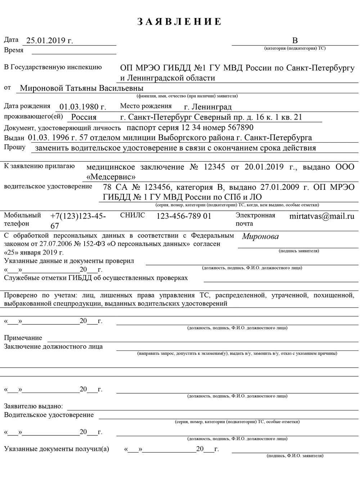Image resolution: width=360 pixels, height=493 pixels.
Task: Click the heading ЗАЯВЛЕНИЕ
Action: point(180,22)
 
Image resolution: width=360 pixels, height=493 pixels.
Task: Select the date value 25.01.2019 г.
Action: point(50,41)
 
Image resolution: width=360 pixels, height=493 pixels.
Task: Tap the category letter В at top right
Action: point(295,41)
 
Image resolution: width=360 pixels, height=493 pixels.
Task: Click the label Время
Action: point(14,50)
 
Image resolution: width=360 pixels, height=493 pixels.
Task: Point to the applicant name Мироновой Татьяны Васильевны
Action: point(81,88)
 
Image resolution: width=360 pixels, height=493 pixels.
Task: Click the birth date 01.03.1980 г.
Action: point(83,107)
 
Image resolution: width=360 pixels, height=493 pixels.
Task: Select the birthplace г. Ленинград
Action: point(208,107)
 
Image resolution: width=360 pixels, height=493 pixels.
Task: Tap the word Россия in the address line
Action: point(84,117)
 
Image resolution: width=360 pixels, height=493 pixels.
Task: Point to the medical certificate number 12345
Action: point(214,167)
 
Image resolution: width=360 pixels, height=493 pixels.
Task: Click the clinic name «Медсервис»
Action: point(111,177)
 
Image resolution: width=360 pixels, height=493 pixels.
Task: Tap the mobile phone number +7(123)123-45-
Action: point(78,216)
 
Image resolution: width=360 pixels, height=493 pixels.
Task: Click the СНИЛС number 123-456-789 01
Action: point(184,216)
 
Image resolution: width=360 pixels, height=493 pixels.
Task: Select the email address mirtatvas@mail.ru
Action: point(321,216)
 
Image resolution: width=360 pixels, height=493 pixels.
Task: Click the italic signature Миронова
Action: point(260,237)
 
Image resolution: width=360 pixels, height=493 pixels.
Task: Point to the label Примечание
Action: point(23,338)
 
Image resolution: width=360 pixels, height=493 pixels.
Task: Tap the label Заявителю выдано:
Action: point(33,406)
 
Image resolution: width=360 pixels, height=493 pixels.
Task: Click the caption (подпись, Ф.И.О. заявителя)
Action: point(295,456)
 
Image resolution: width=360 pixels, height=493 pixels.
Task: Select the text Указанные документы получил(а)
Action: point(57,449)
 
